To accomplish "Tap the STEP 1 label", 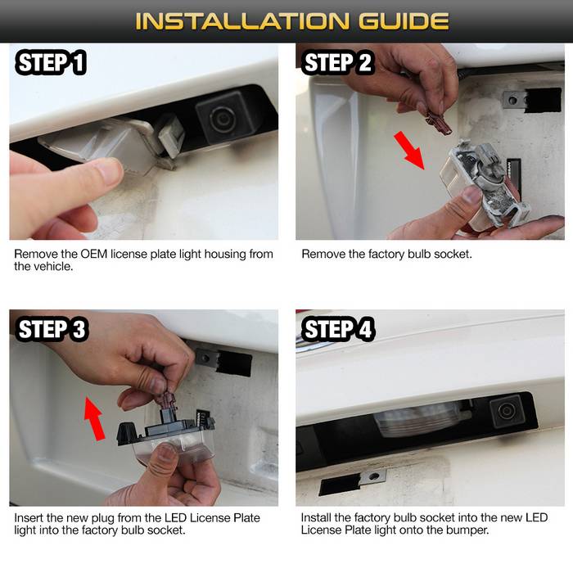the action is coord(51,62).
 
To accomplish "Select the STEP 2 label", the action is coord(337,62).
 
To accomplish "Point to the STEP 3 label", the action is coord(52,329).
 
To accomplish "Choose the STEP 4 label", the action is coord(337,329).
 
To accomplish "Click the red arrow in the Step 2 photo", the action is coord(409,150).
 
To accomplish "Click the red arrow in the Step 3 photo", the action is coord(94,418).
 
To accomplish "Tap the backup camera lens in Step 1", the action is coord(221,119).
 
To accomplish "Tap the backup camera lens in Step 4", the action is coord(508,411).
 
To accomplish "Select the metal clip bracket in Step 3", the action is coord(206,358).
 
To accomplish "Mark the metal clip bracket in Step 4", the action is coord(372,477).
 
